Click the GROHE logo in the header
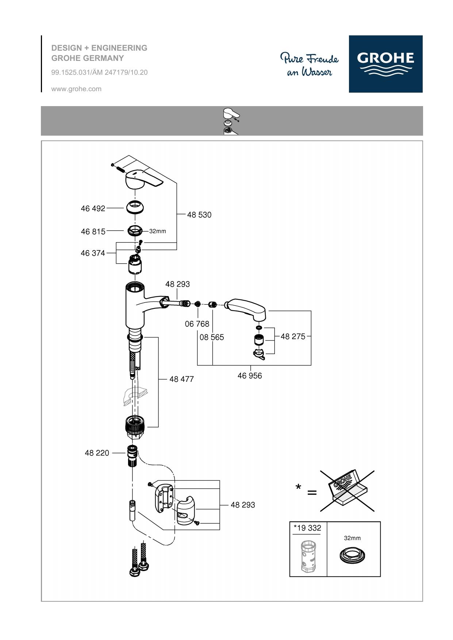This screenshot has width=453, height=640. point(385,64)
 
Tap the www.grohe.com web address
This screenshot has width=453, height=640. point(76,89)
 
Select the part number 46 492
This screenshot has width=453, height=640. point(93,208)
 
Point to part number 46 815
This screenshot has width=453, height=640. point(93,232)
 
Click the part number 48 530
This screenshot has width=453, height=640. point(199,215)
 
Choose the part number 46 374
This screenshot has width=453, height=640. point(93,253)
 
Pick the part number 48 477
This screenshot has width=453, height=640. point(181,379)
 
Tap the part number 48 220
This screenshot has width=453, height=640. point(97,453)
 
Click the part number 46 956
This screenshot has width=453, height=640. point(250,376)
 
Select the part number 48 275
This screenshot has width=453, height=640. point(293,336)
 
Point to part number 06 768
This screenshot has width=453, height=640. point(197,324)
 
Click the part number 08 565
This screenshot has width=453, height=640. point(212,337)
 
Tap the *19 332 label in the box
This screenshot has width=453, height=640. point(307,528)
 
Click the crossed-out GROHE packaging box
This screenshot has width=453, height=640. point(347,491)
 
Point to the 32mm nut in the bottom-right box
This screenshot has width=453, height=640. point(352,555)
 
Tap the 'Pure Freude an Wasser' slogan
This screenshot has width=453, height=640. point(310,65)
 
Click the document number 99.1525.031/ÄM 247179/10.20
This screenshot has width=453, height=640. point(99,72)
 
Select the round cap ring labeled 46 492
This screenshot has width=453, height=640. point(136,207)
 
